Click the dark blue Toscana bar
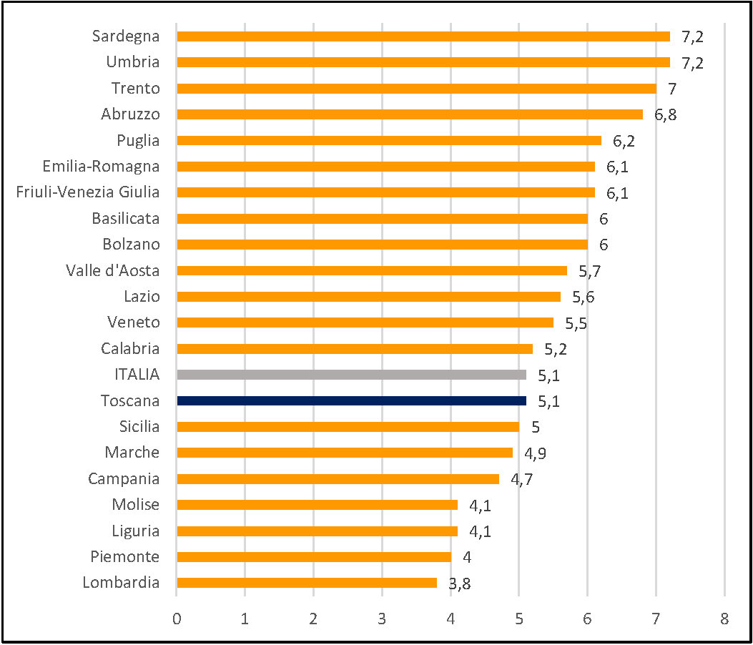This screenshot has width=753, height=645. (351, 400)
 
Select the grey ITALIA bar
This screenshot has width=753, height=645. (351, 375)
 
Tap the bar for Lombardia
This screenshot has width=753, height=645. (307, 583)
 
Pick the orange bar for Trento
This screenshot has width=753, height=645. (416, 89)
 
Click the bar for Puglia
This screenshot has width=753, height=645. (389, 141)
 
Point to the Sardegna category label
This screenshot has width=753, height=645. (126, 36)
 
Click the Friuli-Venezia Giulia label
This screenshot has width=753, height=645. (88, 192)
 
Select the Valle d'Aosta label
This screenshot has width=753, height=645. (112, 270)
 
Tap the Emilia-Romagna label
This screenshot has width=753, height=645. (101, 167)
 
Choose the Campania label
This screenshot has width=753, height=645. (124, 478)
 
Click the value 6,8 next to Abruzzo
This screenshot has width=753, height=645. (665, 115)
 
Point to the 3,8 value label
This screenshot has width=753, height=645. (460, 584)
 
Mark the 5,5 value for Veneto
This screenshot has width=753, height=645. (576, 323)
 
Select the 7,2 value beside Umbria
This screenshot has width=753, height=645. (692, 63)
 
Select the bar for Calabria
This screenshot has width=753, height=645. (355, 349)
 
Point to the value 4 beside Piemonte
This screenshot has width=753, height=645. (466, 557)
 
